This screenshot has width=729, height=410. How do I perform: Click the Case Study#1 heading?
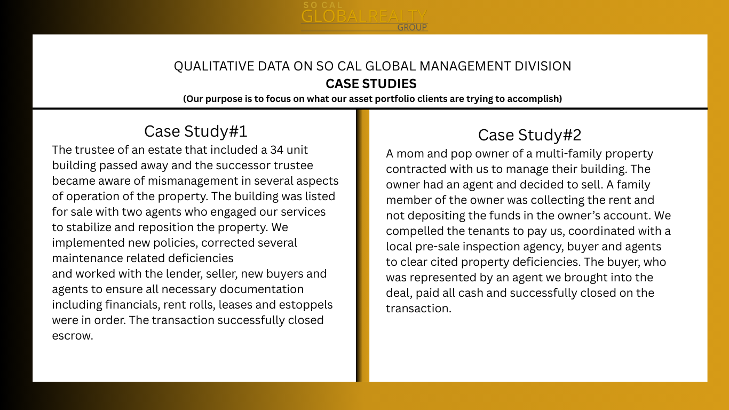(196, 131)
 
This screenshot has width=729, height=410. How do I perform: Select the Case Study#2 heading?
(529, 135)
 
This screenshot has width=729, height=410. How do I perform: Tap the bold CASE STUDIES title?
(371, 84)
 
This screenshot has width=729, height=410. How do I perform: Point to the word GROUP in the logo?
(412, 27)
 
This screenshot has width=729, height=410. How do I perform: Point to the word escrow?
(73, 336)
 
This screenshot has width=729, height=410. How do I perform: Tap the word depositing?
(433, 216)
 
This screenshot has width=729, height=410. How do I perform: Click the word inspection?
(507, 247)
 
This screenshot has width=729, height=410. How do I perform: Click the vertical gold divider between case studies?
(363, 246)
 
